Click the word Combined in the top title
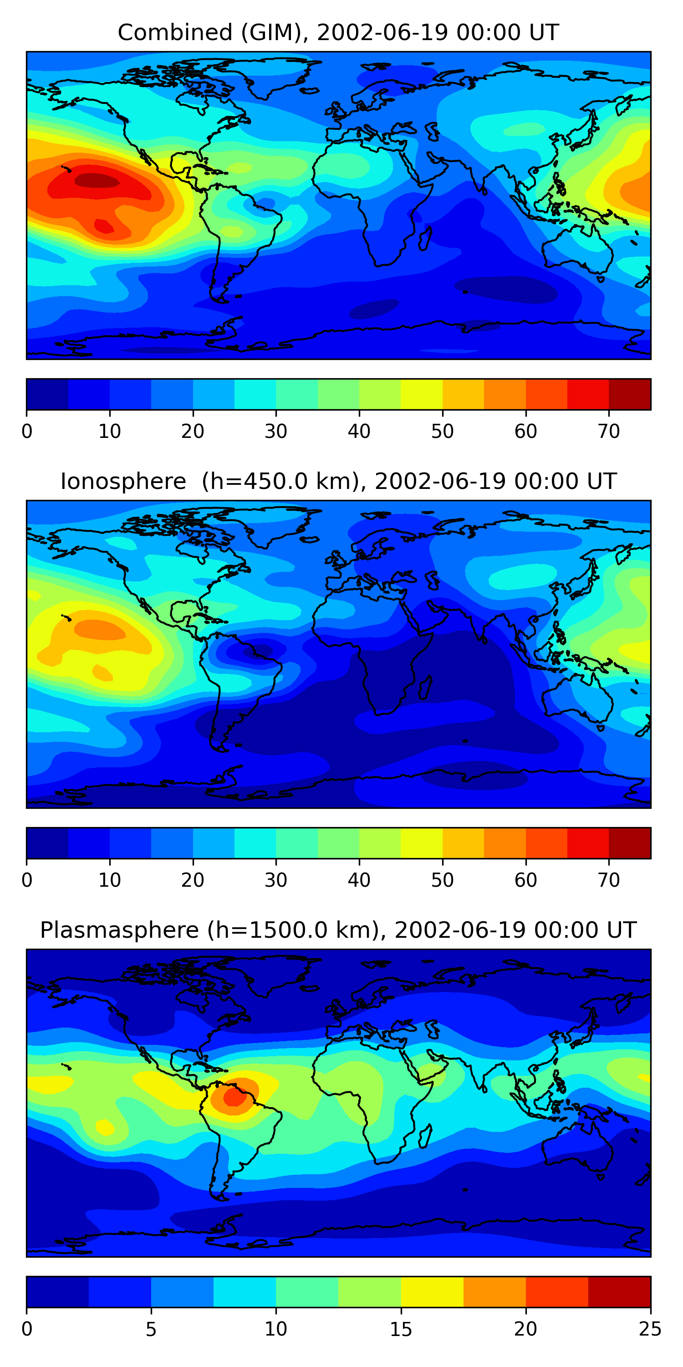tap(174, 33)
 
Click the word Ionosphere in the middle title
tap(123, 482)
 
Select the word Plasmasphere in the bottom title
tap(119, 930)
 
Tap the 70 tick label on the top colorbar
tap(609, 432)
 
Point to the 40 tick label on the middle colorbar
tap(359, 880)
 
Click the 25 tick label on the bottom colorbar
tap(650, 1329)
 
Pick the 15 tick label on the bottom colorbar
tap(401, 1329)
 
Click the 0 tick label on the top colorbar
tap(27, 432)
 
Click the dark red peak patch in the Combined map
tap(97, 181)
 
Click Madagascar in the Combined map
tap(425, 238)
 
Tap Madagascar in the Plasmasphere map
tap(425, 1136)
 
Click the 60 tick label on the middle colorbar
tap(525, 880)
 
